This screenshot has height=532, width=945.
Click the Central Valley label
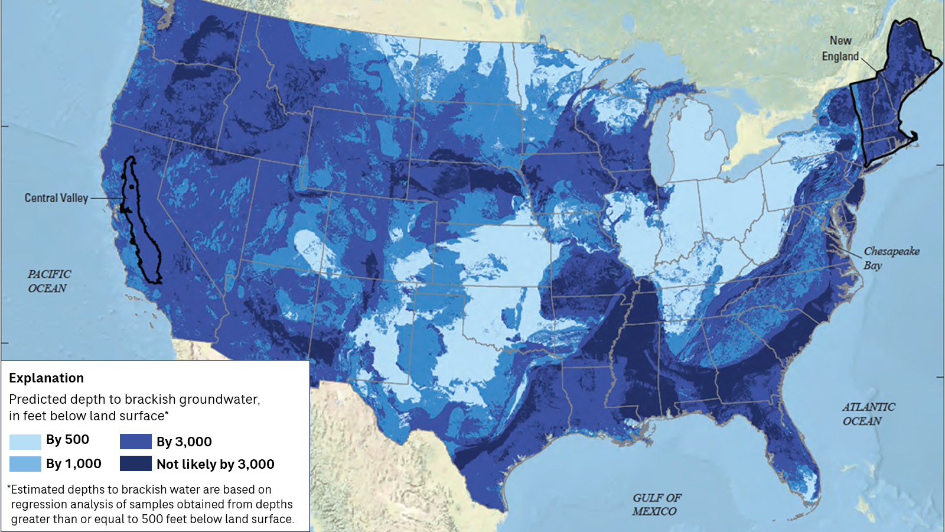point(56,198)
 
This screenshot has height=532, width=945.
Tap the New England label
point(840,48)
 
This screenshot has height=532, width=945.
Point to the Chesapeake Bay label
point(891,258)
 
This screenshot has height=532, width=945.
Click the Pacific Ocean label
point(48,281)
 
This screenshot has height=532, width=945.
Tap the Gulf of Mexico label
point(656,504)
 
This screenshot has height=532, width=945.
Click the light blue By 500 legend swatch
point(25,441)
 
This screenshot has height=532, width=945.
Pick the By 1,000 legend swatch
point(25,464)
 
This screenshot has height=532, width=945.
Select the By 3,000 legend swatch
point(135,442)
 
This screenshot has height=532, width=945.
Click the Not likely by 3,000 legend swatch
point(135,464)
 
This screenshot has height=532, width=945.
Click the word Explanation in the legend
point(46,378)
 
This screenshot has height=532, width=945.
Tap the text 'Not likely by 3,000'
point(215,465)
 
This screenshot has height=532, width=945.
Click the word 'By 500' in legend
point(67,440)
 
